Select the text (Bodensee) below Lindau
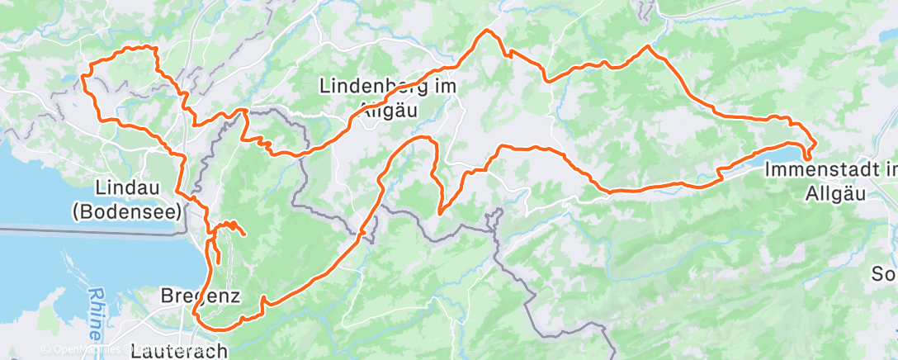[x=125, y=211]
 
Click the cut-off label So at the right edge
[x=887, y=273]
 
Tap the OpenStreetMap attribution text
[x=83, y=349]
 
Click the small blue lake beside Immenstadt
[x=789, y=154]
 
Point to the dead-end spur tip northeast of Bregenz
[x=243, y=235]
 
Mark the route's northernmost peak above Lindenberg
[x=488, y=31]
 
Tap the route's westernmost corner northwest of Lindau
[x=83, y=76]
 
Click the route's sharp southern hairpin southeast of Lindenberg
[x=441, y=213]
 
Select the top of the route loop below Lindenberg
[x=426, y=138]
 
